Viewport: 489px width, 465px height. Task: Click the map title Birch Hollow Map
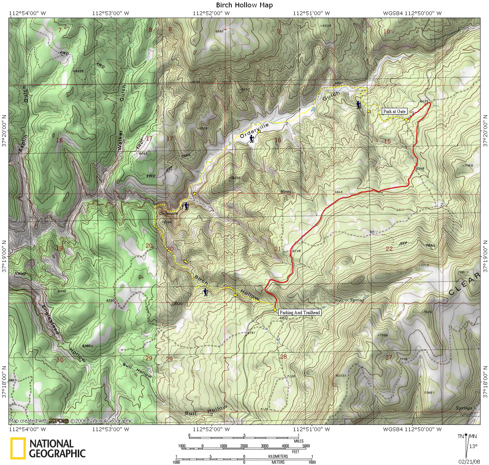tap(244, 5)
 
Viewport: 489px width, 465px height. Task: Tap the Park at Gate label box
tap(394, 111)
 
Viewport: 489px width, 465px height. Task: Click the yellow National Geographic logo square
tap(18, 448)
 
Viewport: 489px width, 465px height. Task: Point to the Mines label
tap(286, 192)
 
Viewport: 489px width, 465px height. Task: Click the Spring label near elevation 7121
tap(357, 300)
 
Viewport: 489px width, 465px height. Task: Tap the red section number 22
tap(389, 249)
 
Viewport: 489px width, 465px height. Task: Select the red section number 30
tap(60, 360)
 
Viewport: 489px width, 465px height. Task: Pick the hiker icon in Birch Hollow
tap(206, 293)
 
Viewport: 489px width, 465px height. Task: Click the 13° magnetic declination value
tap(473, 446)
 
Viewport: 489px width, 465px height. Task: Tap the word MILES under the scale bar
tap(298, 441)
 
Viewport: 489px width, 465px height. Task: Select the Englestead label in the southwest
tap(50, 319)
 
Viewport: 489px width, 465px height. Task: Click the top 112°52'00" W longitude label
tap(212, 13)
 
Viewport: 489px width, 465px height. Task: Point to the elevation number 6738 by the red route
tap(297, 251)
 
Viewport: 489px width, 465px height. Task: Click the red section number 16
tap(278, 140)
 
